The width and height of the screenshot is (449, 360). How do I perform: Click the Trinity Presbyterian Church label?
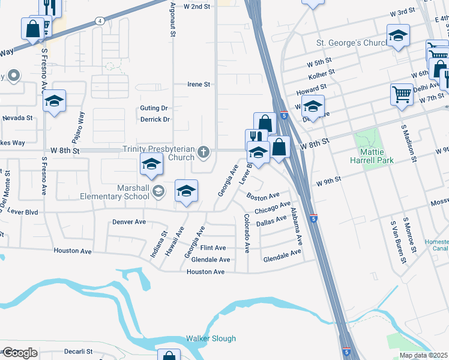[x=158, y=153]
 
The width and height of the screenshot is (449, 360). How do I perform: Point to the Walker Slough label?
[x=211, y=338]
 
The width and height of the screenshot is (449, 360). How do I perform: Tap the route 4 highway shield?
[x=99, y=20]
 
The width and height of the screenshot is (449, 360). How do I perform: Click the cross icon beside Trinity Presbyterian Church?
[x=204, y=152]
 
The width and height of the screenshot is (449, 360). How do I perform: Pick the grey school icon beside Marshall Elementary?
[x=158, y=191]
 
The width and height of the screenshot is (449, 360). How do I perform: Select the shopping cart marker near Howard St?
[x=401, y=94]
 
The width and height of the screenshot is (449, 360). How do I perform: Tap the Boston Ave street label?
[x=263, y=196]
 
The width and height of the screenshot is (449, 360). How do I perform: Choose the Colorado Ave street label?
[x=246, y=233]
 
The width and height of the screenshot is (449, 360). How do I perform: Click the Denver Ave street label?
[x=129, y=222]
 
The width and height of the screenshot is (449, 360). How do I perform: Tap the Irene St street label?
[x=199, y=85]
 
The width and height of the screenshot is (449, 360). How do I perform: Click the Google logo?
[x=20, y=353]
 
